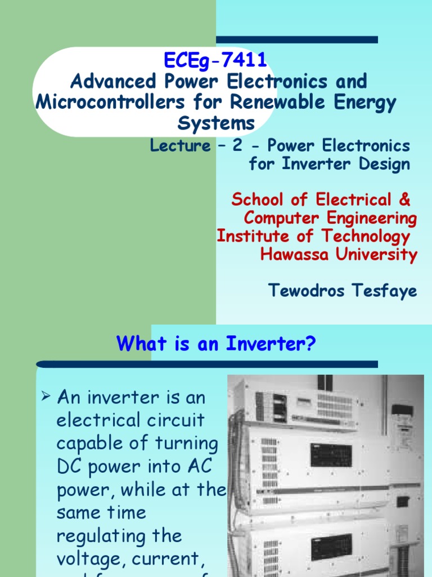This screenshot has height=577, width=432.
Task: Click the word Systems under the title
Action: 216,123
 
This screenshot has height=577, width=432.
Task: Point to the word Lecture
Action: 180,146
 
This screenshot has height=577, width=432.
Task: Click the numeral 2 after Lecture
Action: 238,145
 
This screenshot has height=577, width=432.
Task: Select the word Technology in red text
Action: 366,236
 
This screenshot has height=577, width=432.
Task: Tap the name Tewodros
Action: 301,291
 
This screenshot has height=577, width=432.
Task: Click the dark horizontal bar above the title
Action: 296,39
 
